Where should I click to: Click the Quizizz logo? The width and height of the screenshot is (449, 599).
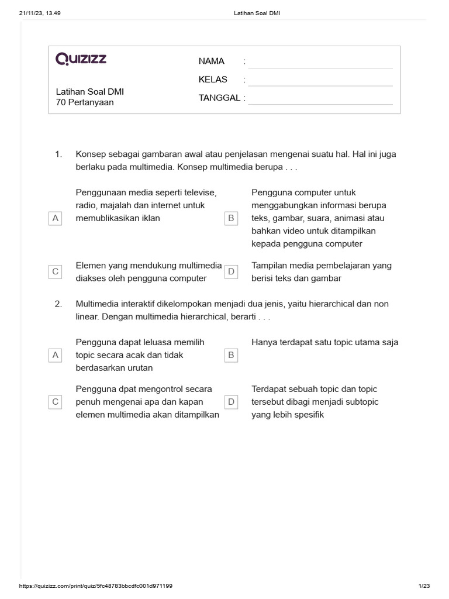[81, 59]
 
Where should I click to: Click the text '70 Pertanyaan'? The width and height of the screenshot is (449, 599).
[85, 102]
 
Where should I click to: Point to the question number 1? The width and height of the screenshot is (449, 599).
[58, 154]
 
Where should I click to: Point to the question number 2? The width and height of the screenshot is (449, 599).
[58, 304]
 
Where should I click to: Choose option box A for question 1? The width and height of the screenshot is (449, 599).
[56, 218]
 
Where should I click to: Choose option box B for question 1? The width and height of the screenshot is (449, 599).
[231, 218]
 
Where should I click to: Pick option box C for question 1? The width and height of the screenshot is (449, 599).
[56, 272]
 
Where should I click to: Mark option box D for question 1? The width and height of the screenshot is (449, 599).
[231, 272]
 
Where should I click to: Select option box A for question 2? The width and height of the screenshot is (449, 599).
[56, 355]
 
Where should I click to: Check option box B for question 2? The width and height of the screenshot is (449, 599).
[231, 355]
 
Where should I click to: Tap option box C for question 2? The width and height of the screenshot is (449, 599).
[56, 402]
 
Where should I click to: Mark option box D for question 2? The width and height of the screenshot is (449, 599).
[231, 402]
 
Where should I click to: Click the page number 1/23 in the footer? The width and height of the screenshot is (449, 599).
[424, 586]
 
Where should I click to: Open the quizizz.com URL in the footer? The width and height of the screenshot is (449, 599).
[96, 586]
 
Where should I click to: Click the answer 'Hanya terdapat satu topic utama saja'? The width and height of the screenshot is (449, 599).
[324, 342]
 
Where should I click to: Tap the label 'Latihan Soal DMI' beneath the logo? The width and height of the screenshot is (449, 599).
[89, 92]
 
